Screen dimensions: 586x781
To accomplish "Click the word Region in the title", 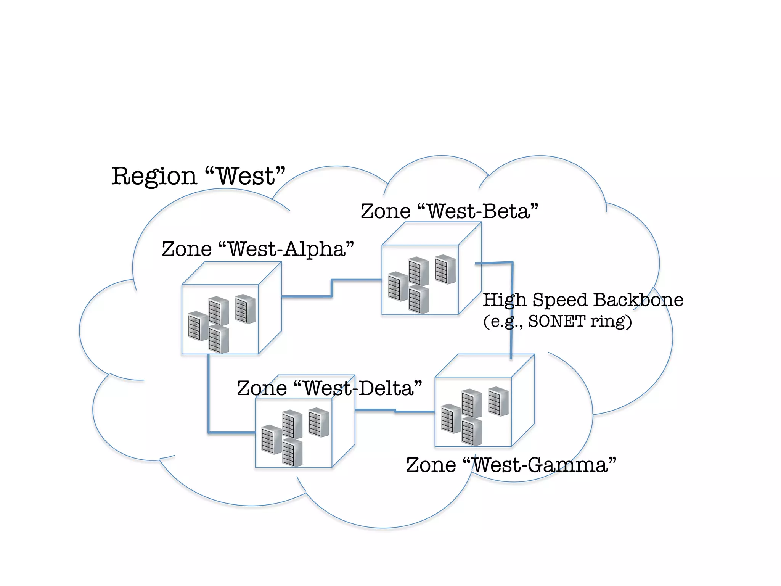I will tap(154, 177).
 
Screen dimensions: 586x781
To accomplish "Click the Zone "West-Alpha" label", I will tap(258, 250).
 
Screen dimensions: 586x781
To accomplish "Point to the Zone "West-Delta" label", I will tap(329, 389).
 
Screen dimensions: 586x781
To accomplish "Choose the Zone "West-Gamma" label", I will tap(511, 465).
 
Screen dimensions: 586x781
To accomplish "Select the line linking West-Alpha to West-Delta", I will tap(209, 401).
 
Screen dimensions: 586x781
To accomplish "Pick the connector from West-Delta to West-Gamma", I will tap(395, 411).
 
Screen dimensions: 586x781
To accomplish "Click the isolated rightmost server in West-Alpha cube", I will tap(245, 309).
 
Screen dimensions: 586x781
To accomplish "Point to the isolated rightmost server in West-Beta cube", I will tap(445, 269).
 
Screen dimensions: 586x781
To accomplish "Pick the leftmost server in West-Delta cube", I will tap(272, 439).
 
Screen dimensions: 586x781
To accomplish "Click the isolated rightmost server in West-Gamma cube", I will tap(498, 401).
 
